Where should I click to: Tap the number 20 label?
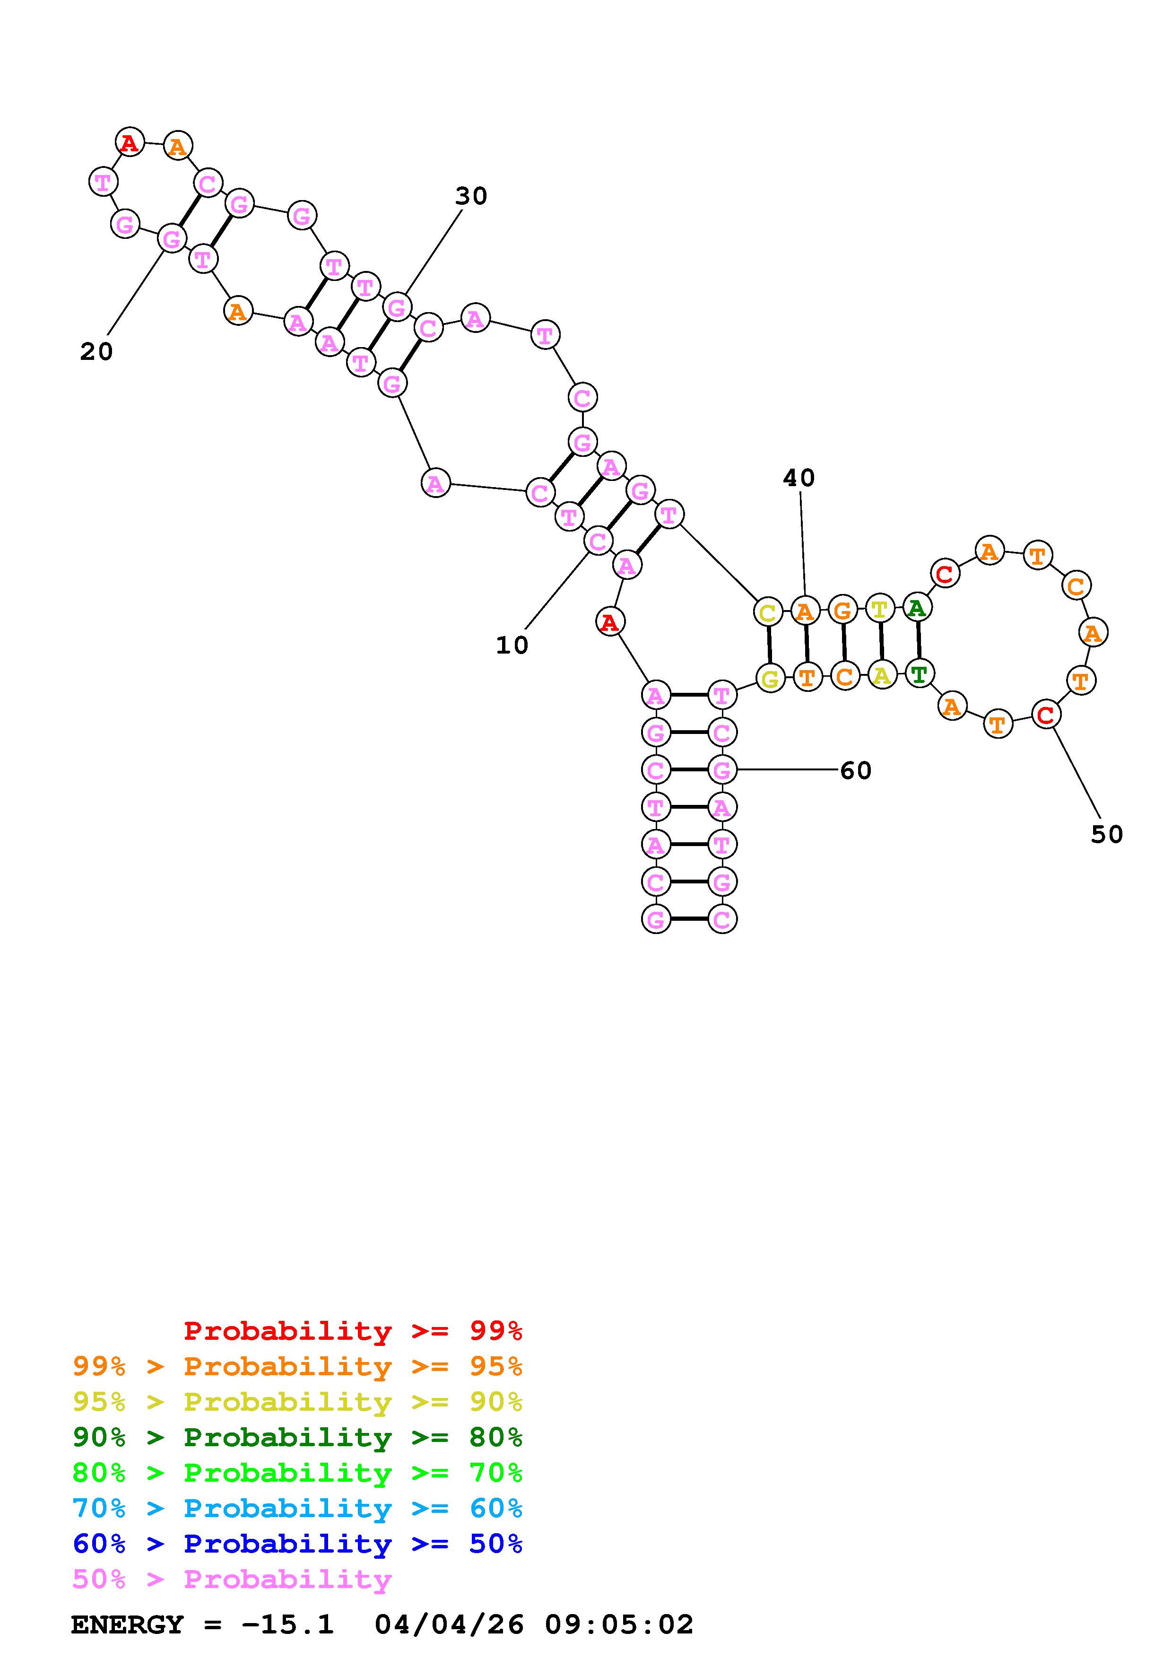tap(96, 352)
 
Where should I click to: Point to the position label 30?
tap(471, 196)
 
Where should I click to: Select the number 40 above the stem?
tap(799, 478)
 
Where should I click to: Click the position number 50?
tap(1106, 835)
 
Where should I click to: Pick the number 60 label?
tap(856, 771)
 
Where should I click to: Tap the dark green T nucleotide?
tap(919, 675)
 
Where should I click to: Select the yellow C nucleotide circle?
tap(768, 613)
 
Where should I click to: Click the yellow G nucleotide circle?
tap(770, 679)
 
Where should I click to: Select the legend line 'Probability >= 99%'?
tap(352, 1330)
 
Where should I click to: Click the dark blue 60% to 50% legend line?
tap(297, 1544)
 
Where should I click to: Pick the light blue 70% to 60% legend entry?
tap(297, 1508)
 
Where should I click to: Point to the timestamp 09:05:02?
tap(619, 1624)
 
